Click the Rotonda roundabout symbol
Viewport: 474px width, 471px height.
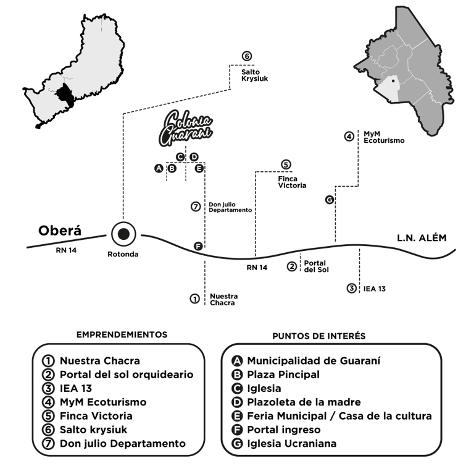[123, 234]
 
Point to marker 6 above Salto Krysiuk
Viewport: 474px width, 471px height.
[247, 57]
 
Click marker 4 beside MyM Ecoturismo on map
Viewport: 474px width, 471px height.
[349, 136]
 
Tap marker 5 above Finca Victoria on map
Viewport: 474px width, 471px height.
[286, 164]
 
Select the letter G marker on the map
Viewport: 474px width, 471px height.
[329, 200]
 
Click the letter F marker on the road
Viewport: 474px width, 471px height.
[198, 247]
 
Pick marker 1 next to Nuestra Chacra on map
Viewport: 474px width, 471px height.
[194, 299]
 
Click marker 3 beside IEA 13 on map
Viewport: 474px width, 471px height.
[351, 288]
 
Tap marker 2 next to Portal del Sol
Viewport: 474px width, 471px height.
[292, 266]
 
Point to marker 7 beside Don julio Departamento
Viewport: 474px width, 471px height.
[196, 206]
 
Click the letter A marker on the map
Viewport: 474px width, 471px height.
[159, 168]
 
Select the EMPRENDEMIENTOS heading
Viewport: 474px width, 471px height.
[122, 334]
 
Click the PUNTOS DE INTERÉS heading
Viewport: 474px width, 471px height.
[318, 336]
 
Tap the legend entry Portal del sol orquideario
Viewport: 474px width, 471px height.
[127, 374]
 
